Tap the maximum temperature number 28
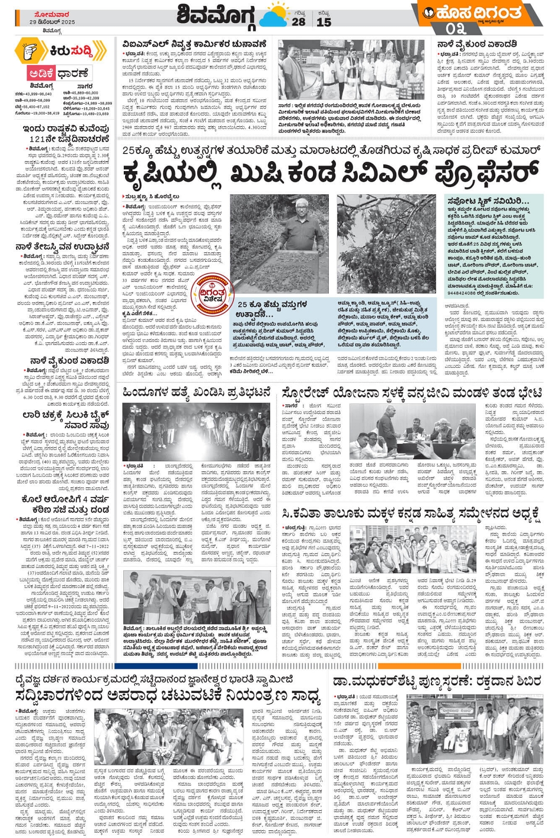299,22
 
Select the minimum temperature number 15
324,22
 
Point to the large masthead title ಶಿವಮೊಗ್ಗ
217,16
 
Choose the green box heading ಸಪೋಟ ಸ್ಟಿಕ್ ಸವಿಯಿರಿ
485,201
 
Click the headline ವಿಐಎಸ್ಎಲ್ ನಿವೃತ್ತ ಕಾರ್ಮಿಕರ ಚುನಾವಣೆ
194,44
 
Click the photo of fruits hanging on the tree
387,243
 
